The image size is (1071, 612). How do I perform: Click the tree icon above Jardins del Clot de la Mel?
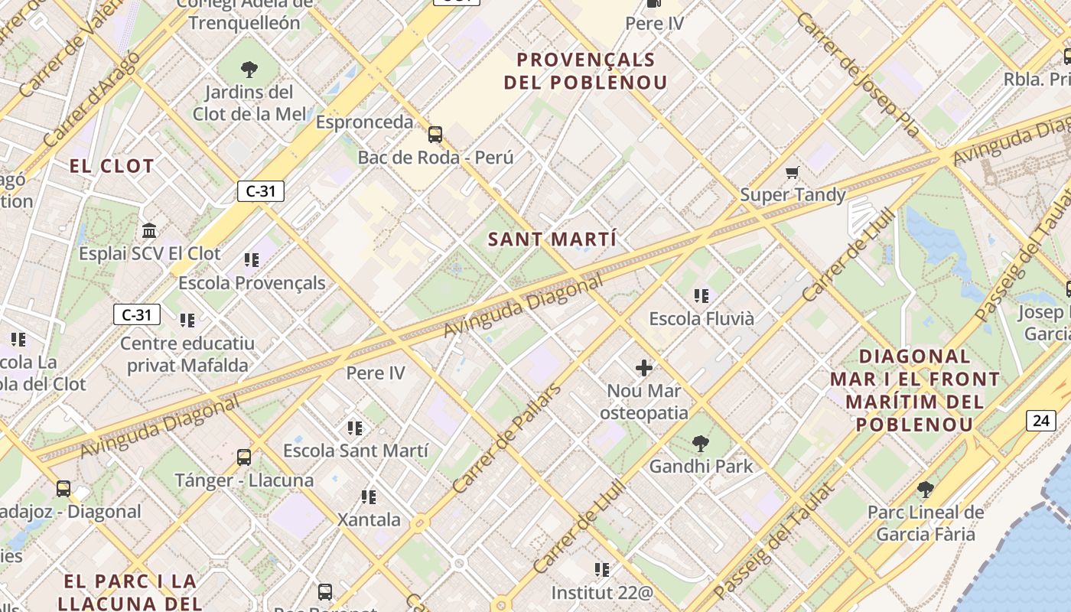[249, 70]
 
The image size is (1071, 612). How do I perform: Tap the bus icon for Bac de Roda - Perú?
[435, 135]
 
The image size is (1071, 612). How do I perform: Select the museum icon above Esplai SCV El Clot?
[149, 230]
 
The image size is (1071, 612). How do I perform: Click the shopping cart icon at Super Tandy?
[793, 172]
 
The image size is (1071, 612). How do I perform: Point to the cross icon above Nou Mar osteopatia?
[644, 368]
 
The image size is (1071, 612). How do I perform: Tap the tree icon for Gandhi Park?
[700, 443]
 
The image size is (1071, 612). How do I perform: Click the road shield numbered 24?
[1040, 420]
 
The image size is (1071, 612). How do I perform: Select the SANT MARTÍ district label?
[552, 239]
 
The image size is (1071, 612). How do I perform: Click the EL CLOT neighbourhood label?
[112, 166]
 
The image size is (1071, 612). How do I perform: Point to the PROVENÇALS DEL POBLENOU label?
[586, 71]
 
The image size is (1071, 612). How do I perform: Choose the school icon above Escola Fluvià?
[702, 295]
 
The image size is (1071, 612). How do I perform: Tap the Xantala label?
[369, 520]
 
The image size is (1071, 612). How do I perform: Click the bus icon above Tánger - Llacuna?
[244, 457]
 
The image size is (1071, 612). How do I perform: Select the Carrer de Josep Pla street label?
[858, 73]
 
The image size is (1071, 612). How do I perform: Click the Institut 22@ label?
[603, 592]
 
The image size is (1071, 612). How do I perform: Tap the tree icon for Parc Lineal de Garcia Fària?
[925, 489]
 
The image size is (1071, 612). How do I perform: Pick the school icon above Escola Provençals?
[252, 260]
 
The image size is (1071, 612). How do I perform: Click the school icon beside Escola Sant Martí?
[354, 428]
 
